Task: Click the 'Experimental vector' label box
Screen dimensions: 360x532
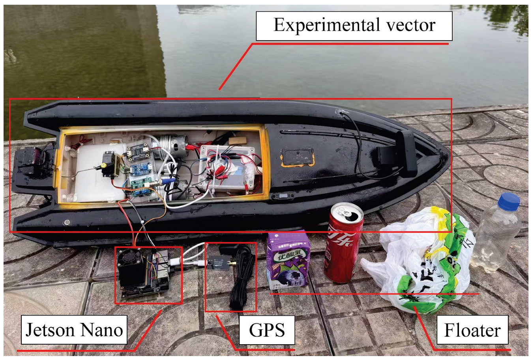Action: (354, 26)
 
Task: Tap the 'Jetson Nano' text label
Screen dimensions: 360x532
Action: (74, 330)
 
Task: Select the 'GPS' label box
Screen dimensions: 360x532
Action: (267, 330)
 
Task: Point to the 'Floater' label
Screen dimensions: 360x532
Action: (472, 330)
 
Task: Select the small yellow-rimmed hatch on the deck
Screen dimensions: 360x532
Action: (297, 157)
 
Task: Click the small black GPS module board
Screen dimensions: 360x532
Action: (218, 262)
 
